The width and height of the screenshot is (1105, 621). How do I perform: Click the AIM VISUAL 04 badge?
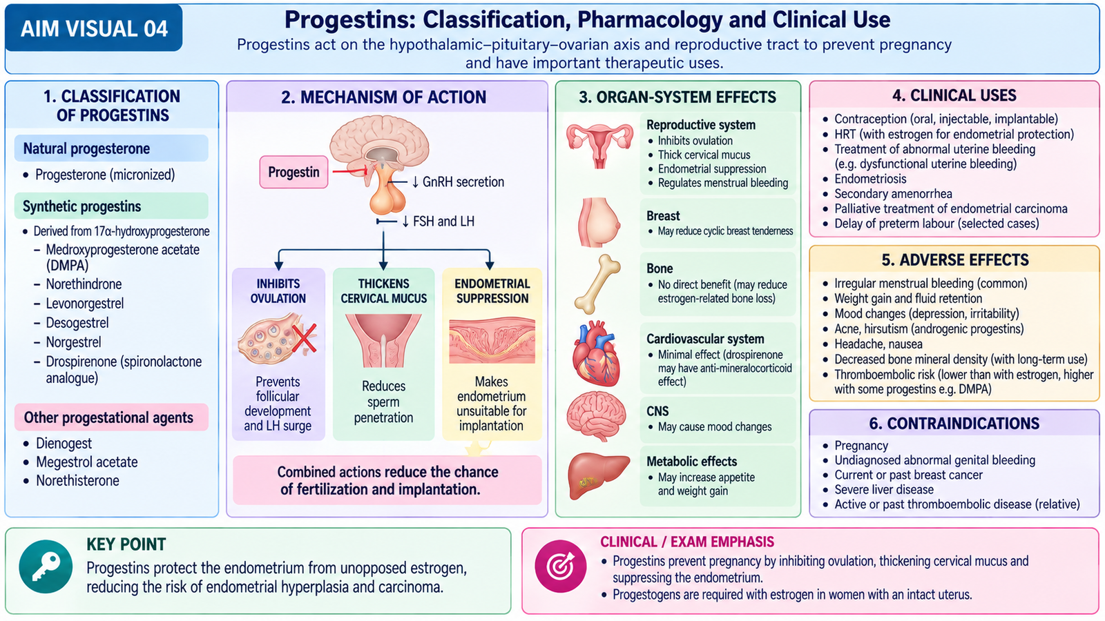(x=94, y=28)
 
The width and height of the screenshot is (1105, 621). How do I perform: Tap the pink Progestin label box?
(x=294, y=172)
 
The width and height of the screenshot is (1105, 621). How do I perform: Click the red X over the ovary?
(x=304, y=339)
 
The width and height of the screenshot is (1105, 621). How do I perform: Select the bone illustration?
(x=597, y=284)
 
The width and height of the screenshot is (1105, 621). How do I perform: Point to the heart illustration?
(x=597, y=353)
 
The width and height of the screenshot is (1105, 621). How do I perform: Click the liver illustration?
(x=598, y=476)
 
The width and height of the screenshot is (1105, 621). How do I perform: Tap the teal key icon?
(x=46, y=566)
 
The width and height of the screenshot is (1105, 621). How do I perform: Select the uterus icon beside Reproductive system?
(x=599, y=146)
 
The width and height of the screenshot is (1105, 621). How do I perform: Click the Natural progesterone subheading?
(x=86, y=149)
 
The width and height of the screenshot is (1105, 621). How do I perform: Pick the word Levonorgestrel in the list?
(x=85, y=304)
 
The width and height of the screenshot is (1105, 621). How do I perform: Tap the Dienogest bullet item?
(x=64, y=444)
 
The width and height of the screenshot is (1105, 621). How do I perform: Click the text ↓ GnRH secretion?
(x=458, y=182)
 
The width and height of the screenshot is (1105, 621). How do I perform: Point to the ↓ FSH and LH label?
(x=438, y=221)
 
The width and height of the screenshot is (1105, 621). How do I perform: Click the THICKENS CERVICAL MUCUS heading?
(x=384, y=290)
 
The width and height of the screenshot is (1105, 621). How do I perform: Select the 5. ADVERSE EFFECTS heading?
(x=955, y=259)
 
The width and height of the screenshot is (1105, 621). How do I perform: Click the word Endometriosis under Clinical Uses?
(x=870, y=179)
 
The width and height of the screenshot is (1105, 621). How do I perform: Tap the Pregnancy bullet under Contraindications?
(x=861, y=446)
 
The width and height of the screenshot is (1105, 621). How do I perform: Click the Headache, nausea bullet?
(x=878, y=344)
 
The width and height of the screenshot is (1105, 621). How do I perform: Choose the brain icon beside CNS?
(x=596, y=417)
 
